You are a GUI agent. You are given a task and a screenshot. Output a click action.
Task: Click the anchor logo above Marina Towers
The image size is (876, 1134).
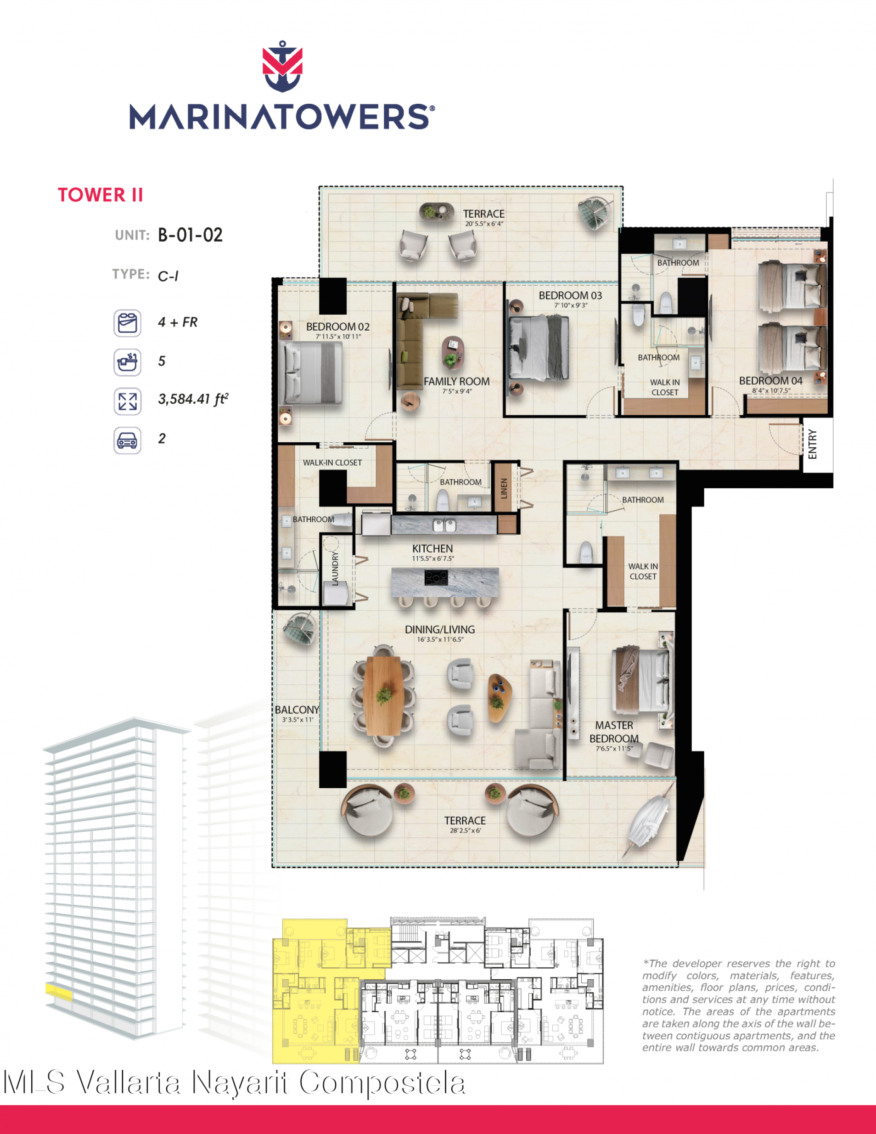282,66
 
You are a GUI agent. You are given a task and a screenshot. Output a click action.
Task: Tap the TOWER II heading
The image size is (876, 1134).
100,195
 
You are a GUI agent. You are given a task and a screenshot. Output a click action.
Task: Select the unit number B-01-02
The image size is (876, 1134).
190,235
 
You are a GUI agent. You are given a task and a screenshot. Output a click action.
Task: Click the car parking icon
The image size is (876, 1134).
127,440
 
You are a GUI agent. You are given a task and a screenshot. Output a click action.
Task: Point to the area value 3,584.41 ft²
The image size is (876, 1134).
193,399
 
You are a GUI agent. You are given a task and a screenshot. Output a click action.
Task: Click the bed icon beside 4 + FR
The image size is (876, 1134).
127,323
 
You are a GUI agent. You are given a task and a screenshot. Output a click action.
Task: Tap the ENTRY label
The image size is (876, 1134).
812,444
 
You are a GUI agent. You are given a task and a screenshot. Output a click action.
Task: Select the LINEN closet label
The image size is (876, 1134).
503,488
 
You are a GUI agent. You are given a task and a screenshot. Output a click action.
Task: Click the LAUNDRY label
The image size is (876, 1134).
335,569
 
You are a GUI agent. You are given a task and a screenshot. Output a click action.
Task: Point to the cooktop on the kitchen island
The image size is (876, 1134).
436,577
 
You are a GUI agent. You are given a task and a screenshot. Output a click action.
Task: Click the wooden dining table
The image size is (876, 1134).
384,695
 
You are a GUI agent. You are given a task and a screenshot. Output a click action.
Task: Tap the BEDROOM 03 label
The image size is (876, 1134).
570,295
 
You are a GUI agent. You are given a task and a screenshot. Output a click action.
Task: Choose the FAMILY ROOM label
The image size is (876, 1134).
457,381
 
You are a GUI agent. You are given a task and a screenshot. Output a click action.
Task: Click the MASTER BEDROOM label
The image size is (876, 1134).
614,732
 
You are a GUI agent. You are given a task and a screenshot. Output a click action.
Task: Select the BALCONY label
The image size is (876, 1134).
297,709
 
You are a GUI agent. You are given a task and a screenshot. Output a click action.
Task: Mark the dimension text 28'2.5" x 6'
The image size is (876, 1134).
466,830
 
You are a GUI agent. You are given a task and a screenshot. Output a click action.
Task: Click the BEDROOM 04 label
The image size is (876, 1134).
771,381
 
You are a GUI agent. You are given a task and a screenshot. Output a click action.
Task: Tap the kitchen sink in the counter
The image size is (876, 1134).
445,525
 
